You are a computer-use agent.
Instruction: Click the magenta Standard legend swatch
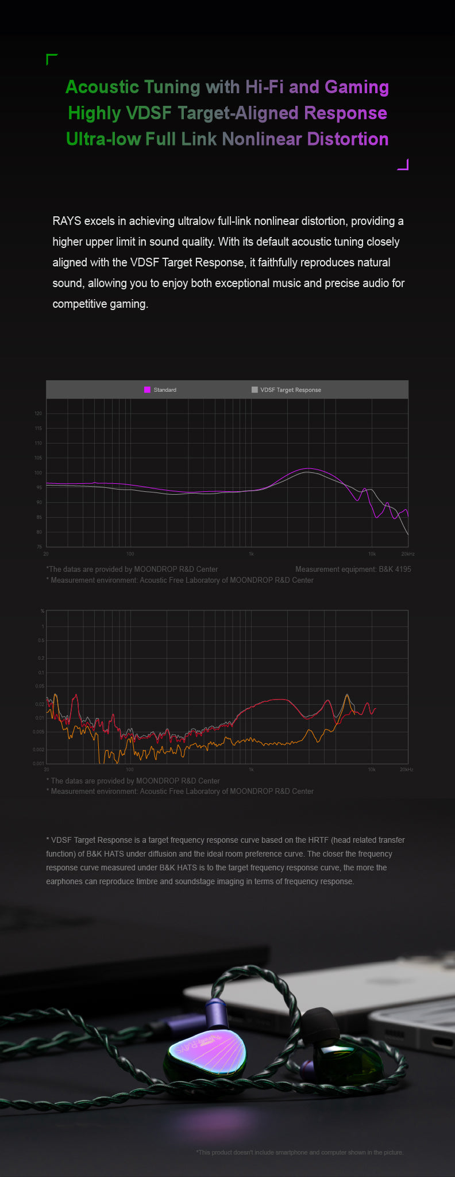147,390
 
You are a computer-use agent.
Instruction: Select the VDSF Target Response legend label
291,390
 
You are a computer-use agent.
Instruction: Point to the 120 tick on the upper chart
38,414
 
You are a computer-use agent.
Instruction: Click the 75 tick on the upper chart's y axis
39,547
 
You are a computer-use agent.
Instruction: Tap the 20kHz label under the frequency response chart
407,554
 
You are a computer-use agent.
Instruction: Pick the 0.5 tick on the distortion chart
41,640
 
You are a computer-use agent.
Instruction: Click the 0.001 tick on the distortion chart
38,763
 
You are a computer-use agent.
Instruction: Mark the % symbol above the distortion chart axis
42,611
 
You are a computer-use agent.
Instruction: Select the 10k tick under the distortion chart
372,770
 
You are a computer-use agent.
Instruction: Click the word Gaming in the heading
356,87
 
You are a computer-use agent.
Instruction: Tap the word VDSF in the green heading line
148,113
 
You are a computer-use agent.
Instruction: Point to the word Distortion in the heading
348,139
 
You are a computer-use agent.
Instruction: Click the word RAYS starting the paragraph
67,221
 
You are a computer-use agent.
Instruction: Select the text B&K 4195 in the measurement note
395,570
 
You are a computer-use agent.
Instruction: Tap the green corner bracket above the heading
51,59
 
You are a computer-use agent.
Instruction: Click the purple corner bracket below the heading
403,165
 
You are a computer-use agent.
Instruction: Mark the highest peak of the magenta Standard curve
309,469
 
